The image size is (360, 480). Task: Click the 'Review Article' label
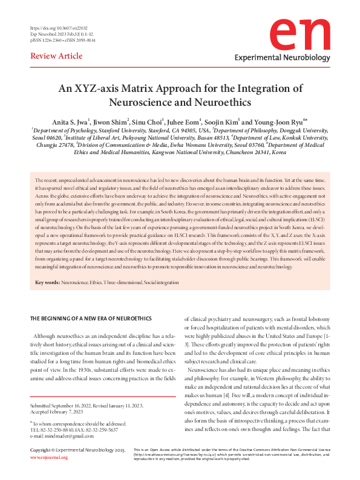point(56,56)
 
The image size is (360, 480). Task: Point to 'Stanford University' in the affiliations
point(114,130)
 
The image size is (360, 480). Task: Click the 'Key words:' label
point(48,283)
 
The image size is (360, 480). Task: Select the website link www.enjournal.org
point(49,474)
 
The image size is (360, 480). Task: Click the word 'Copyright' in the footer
point(42,467)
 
